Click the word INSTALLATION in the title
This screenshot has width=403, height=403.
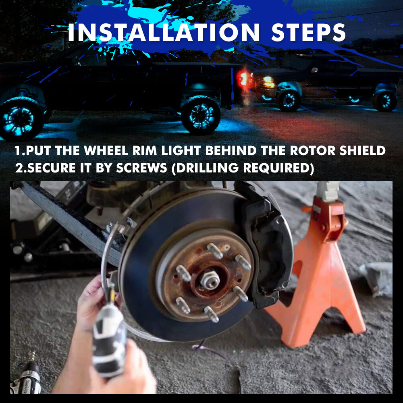[x=164, y=33]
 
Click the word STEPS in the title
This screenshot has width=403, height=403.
[x=308, y=33]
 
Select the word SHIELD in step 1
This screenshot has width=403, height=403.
[x=362, y=151]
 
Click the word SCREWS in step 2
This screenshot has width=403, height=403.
[x=141, y=168]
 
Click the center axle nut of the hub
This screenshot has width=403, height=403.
[x=210, y=280]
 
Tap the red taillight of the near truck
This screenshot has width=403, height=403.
[x=243, y=78]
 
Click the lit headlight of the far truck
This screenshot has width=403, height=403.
[x=269, y=82]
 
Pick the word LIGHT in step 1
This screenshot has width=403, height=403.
[x=181, y=151]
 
